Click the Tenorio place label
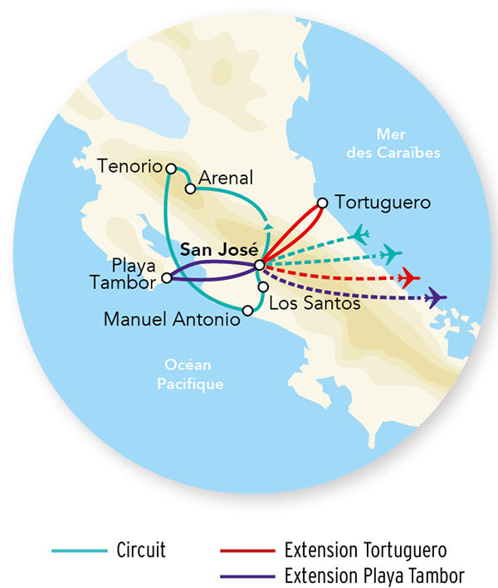[129, 166]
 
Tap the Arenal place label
[227, 179]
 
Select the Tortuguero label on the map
[383, 202]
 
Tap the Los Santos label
[315, 304]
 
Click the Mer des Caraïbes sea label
[408, 143]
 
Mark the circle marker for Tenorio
[171, 169]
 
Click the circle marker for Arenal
[190, 189]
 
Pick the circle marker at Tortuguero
[323, 202]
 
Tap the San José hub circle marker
[260, 265]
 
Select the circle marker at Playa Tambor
[167, 278]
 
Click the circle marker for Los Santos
[263, 287]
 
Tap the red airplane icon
[408, 277]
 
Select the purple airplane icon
[435, 297]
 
